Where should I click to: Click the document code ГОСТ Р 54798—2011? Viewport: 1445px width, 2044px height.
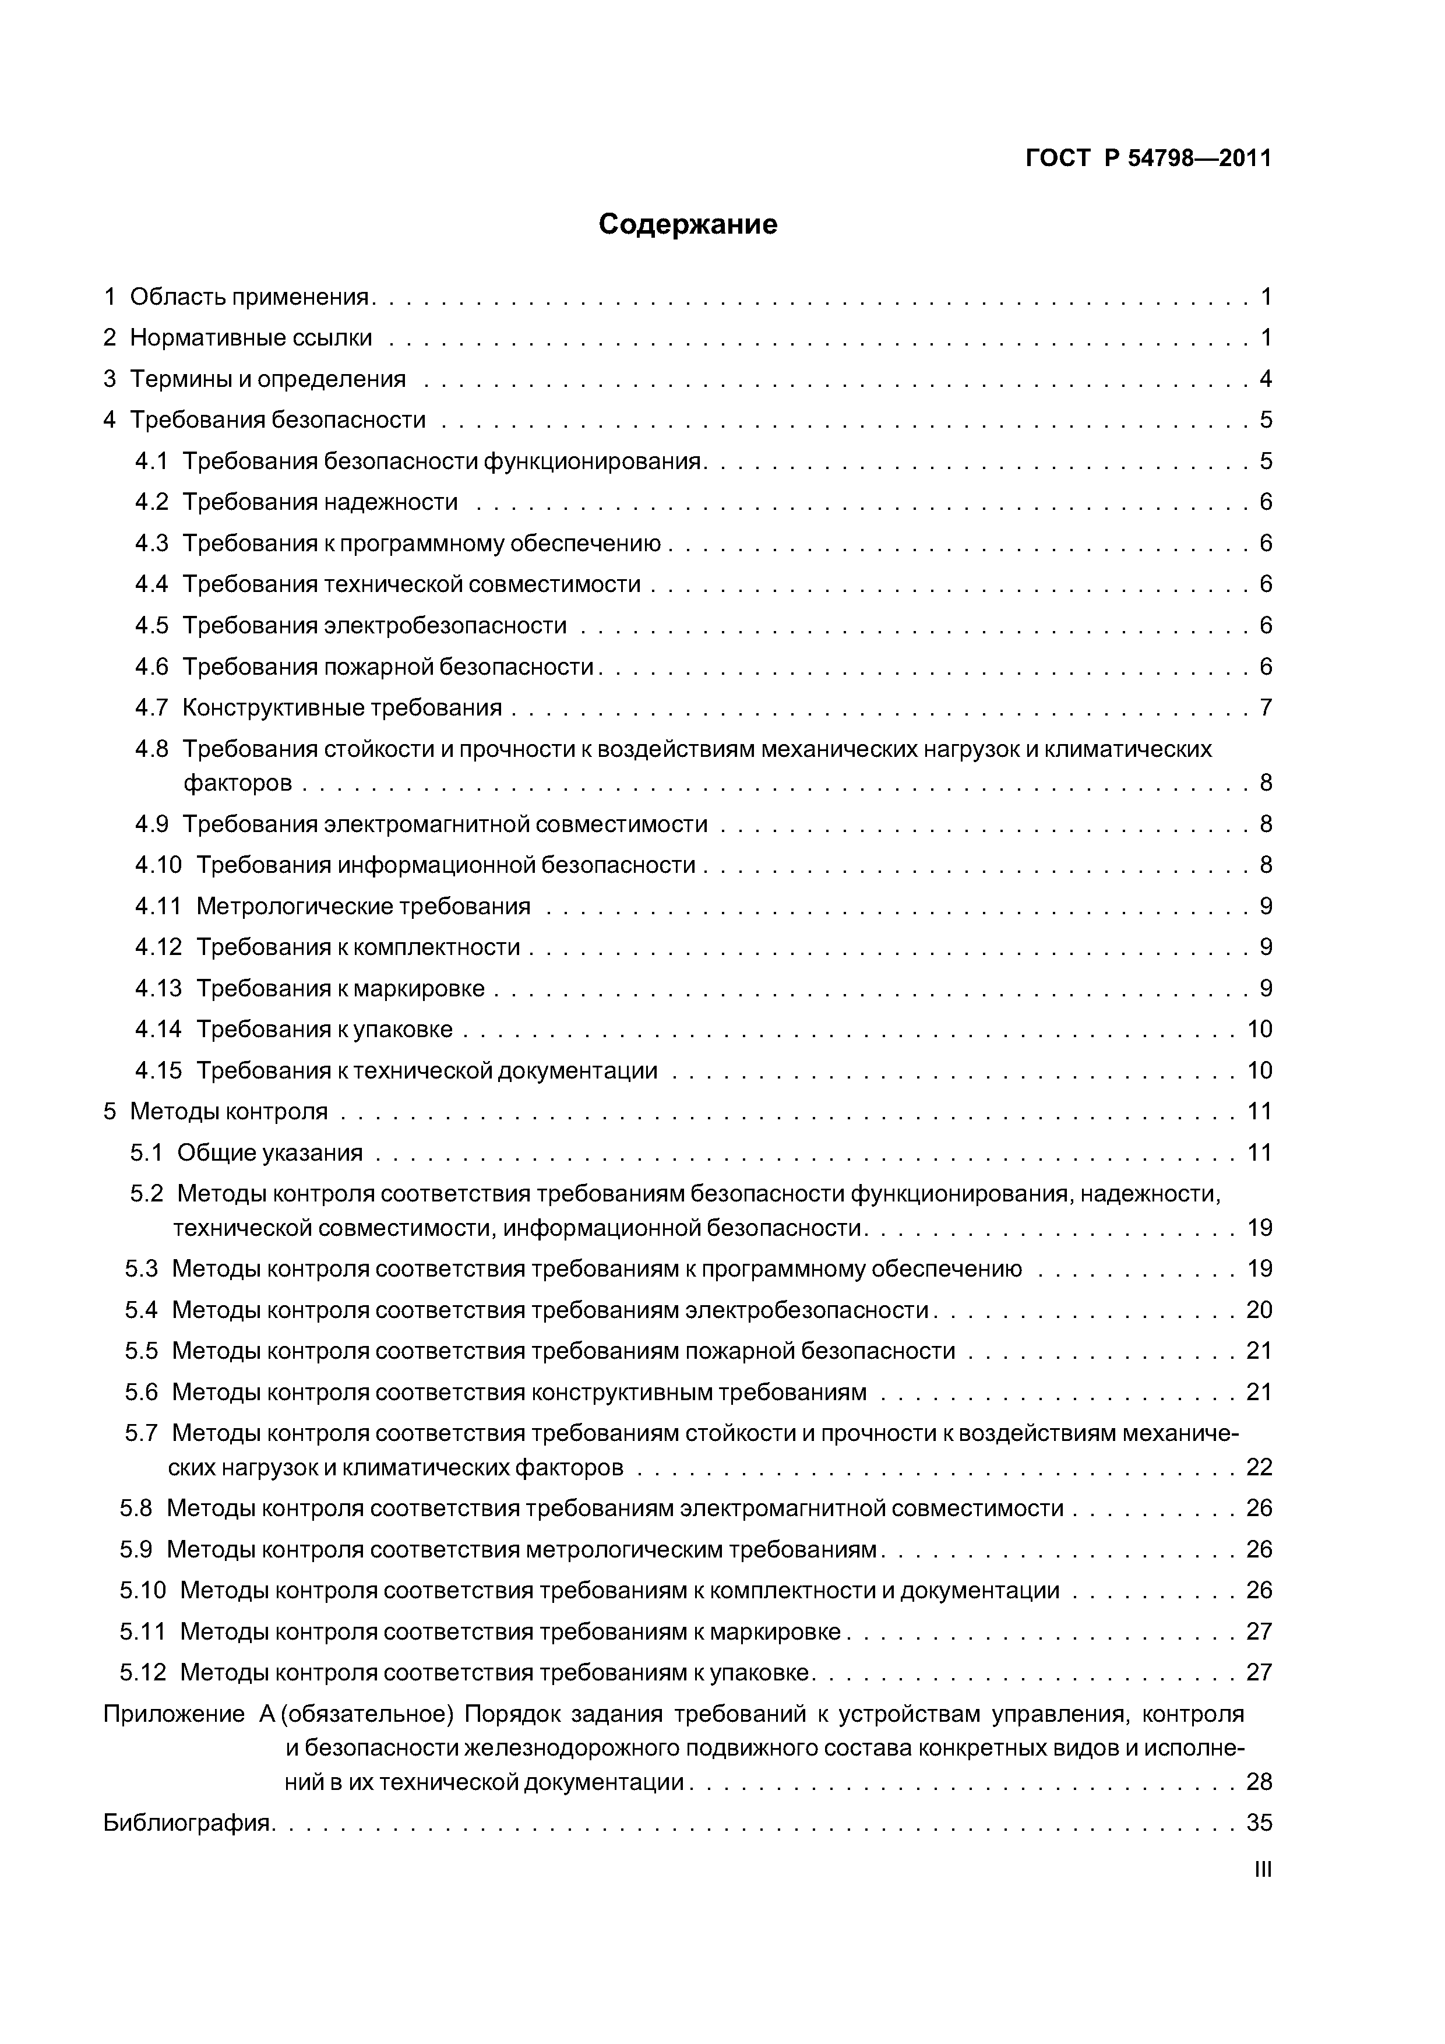point(1148,158)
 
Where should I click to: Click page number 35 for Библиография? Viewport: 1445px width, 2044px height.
point(1259,1823)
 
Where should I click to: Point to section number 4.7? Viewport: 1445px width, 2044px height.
point(151,708)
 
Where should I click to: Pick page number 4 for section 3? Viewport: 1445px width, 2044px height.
point(1265,379)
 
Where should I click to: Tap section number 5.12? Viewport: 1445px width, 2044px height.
point(142,1673)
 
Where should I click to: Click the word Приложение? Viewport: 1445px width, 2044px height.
point(174,1714)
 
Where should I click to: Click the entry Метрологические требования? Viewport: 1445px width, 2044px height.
point(362,906)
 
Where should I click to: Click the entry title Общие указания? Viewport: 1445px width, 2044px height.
point(270,1153)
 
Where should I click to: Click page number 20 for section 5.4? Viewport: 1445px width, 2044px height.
point(1259,1310)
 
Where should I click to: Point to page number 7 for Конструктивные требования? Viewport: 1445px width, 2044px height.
point(1265,708)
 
